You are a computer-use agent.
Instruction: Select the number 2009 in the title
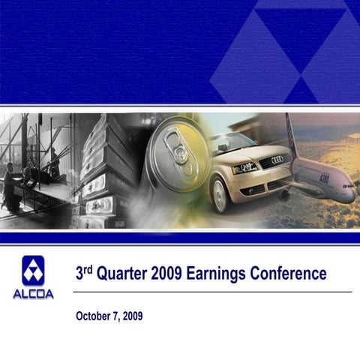point(169,274)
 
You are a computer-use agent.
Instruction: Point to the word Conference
point(291,274)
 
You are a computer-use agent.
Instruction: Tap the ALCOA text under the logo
point(33,294)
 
